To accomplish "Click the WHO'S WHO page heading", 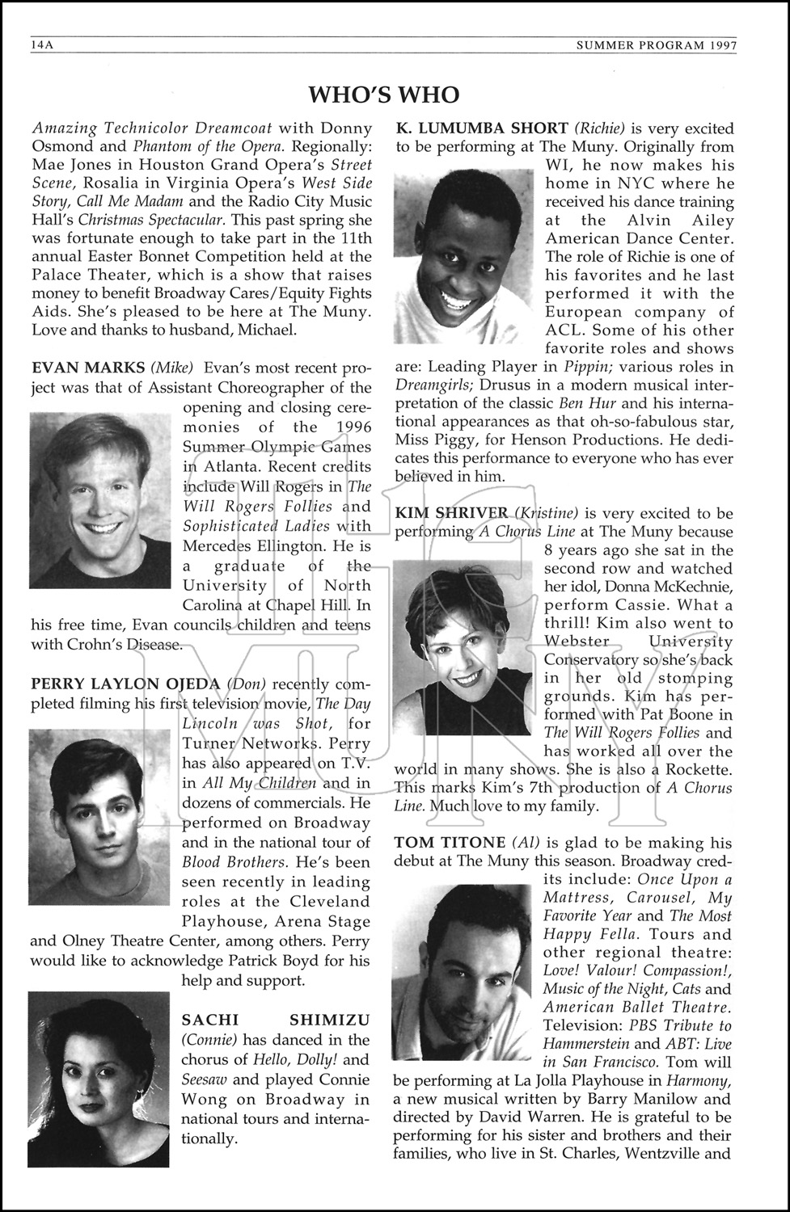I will tap(384, 95).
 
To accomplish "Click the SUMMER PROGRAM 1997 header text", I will tap(656, 46).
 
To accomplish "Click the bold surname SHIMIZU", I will tap(333, 1020).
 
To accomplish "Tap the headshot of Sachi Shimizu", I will tap(99, 1079).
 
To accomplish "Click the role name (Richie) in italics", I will tap(598, 128).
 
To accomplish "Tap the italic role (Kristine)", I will tap(547, 513).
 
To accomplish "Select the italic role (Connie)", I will tap(209, 1040).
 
